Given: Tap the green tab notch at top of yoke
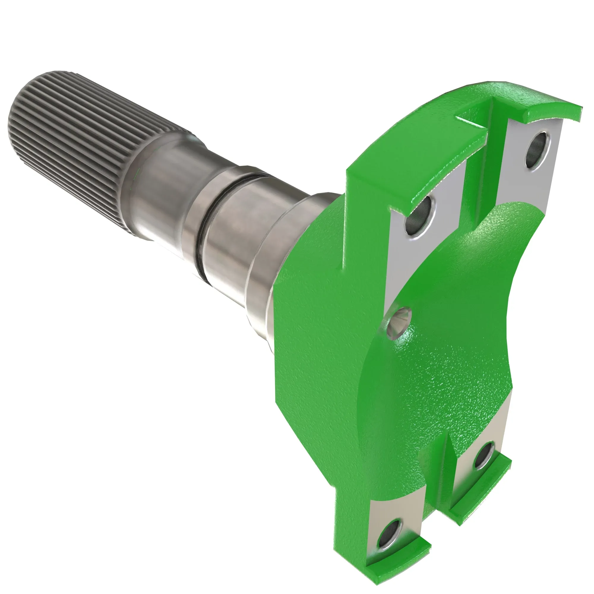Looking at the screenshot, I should [473, 123].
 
